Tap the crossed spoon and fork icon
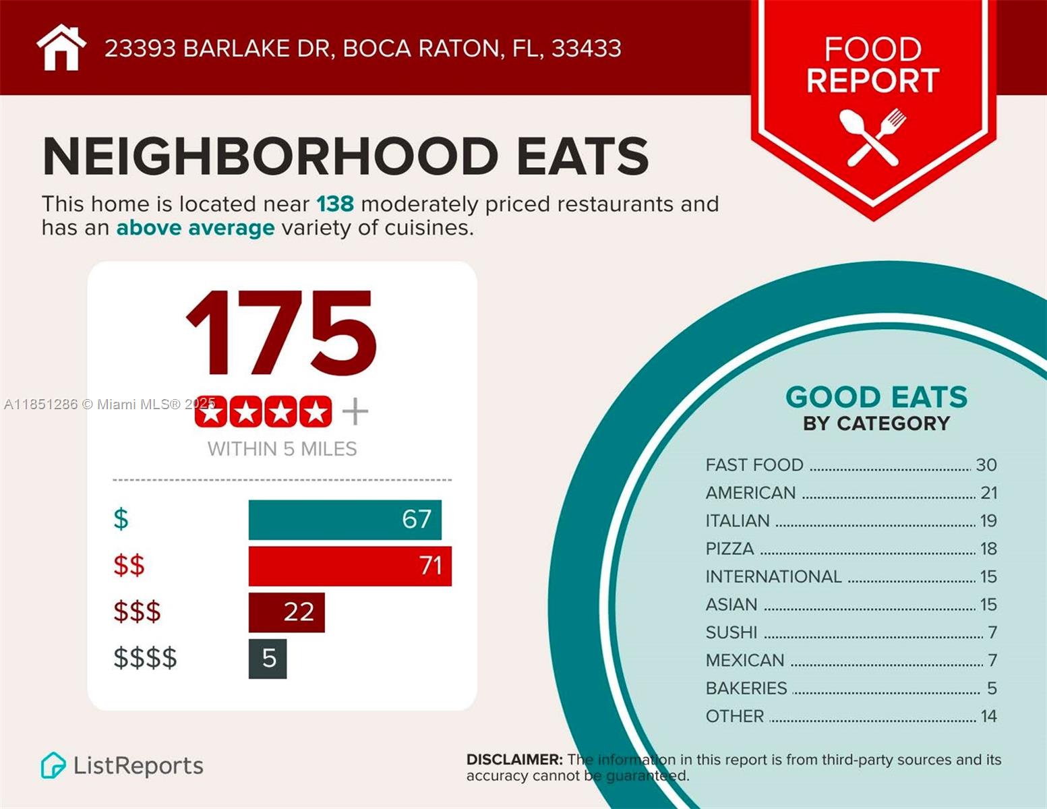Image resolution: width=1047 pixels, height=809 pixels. pos(873,138)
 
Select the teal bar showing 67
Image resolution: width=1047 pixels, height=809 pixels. pos(345,520)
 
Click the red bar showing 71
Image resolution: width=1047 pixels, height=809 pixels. pos(350,566)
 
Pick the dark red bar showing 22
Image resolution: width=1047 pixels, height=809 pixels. pos(287,612)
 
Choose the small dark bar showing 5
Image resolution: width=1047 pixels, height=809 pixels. pos(268,658)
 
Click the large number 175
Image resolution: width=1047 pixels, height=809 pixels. pos(281,334)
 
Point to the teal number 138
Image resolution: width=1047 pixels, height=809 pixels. pos(335,204)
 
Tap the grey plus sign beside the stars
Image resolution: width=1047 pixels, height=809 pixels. pos(355,411)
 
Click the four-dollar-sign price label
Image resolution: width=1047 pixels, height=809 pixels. pos(145,658)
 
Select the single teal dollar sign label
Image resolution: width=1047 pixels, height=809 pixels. pos(121,519)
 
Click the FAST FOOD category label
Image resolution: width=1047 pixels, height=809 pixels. pos(754,465)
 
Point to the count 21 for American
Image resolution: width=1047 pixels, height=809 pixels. pos(988,493)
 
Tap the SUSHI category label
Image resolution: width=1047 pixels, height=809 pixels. pos(731,632)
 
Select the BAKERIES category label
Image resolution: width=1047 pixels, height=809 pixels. pos(746,688)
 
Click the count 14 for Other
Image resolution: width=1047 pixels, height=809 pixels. pos(988,716)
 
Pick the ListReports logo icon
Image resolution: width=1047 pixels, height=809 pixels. pos(53,766)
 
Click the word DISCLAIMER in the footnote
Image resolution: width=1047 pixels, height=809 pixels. pos(514,760)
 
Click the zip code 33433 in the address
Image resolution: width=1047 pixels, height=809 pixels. pos(586,49)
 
